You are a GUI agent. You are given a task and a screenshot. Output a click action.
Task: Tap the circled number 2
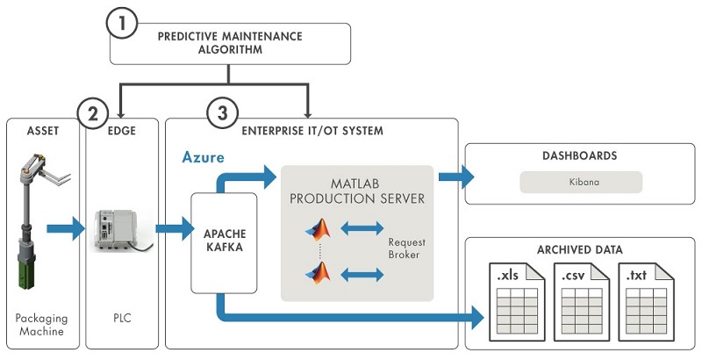pos(94,113)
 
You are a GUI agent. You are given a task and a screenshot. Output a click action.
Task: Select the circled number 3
pos(223,113)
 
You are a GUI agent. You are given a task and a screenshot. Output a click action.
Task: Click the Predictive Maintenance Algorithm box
pos(230,43)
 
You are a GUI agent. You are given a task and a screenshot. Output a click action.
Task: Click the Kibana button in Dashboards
pos(581,182)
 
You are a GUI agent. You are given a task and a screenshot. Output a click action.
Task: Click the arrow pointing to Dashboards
pos(454,176)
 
